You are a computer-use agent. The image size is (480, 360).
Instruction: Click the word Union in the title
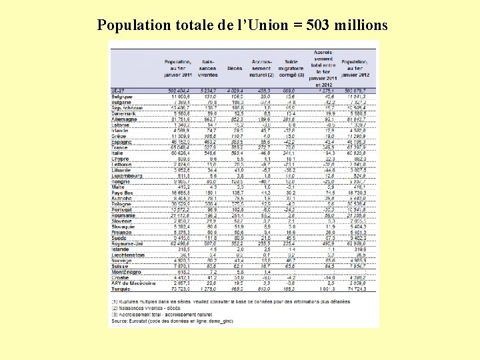(269, 26)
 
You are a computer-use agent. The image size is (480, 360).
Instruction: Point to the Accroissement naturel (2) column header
(261, 68)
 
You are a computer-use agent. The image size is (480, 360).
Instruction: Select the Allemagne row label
(125, 119)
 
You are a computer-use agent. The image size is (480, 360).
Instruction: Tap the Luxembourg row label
(127, 175)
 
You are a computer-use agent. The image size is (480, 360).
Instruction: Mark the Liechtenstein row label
(129, 255)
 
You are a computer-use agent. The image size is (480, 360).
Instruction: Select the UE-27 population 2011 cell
(177, 89)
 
